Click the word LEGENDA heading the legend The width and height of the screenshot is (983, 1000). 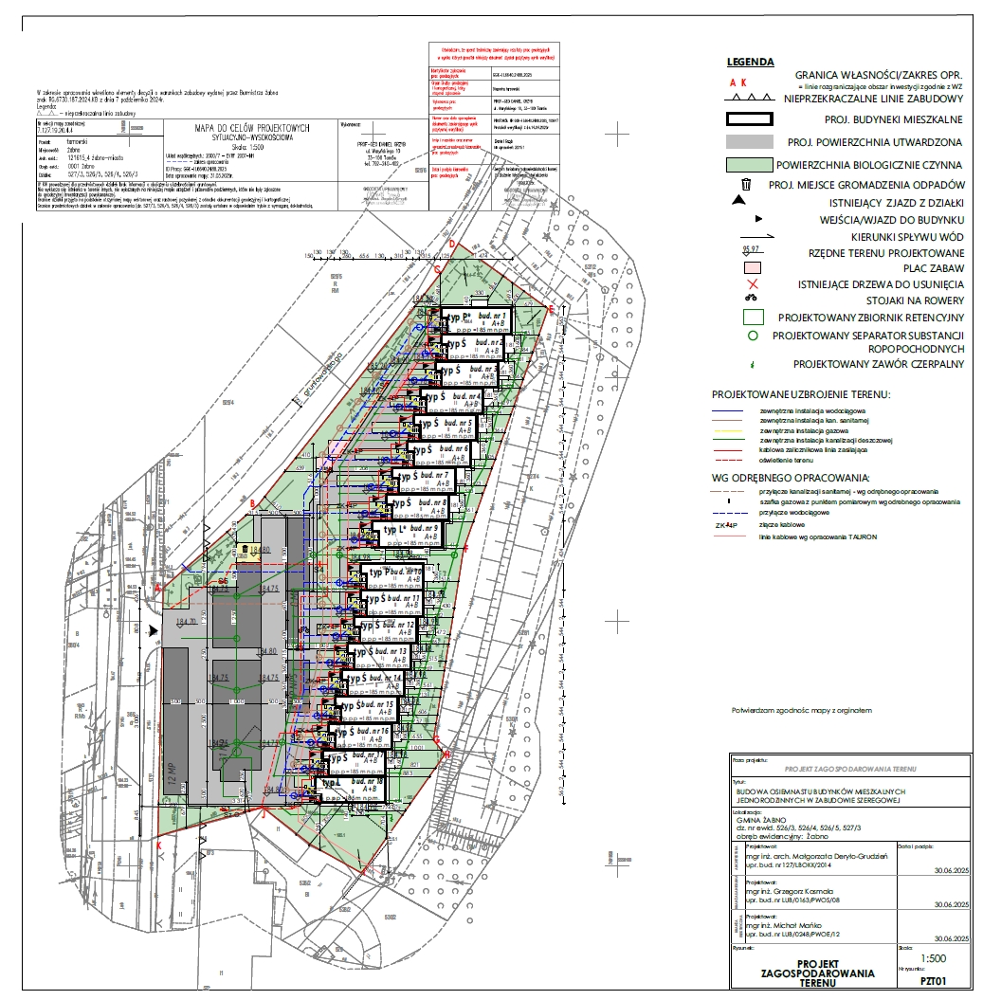tap(749, 63)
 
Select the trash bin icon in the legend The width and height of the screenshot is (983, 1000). tap(746, 185)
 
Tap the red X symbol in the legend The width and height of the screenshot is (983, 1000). tap(753, 283)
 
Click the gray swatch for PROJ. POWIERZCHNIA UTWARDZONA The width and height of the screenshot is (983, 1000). tap(750, 142)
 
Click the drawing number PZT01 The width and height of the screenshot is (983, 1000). tap(934, 981)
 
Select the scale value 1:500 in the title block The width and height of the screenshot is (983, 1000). tap(934, 958)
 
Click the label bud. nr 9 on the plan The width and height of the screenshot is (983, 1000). tap(422, 528)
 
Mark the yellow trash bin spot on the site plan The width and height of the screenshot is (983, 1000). tap(245, 549)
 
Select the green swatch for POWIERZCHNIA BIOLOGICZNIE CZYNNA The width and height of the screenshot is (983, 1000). tap(750, 164)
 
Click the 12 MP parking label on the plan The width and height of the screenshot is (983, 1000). tap(173, 777)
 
